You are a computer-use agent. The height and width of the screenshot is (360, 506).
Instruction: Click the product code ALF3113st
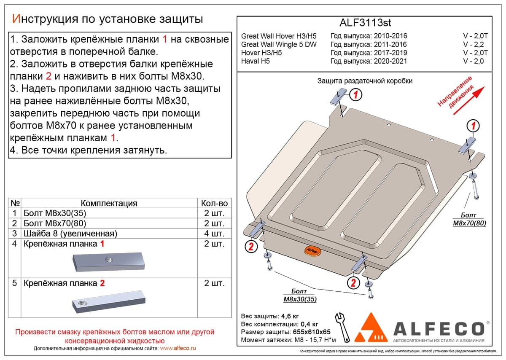365,23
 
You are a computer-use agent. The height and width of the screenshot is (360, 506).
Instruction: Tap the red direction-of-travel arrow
469,100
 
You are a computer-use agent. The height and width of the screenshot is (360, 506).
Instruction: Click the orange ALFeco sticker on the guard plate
312,251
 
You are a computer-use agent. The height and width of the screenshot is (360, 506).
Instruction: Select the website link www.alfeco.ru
178,348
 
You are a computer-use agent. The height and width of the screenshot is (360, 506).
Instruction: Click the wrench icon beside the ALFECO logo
343,327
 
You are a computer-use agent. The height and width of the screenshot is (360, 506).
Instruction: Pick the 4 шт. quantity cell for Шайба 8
214,233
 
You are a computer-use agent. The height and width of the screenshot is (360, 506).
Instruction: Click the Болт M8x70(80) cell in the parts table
55,223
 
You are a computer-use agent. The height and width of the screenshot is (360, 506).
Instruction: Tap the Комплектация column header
109,203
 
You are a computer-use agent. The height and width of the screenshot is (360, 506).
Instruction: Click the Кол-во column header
214,203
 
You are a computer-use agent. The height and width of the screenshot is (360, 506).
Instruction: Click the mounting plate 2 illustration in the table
109,301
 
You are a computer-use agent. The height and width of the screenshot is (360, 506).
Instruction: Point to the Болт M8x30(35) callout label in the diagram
300,295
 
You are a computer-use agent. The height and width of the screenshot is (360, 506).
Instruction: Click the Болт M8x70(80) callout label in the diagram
469,219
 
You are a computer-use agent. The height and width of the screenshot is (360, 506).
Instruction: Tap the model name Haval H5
255,61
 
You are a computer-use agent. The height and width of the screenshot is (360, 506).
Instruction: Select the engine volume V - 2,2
474,45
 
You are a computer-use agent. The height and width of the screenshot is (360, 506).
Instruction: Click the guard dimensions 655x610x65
312,332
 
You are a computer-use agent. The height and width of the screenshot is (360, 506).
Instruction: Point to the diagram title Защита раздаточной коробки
365,81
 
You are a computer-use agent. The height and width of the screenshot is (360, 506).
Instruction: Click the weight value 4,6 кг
291,316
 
